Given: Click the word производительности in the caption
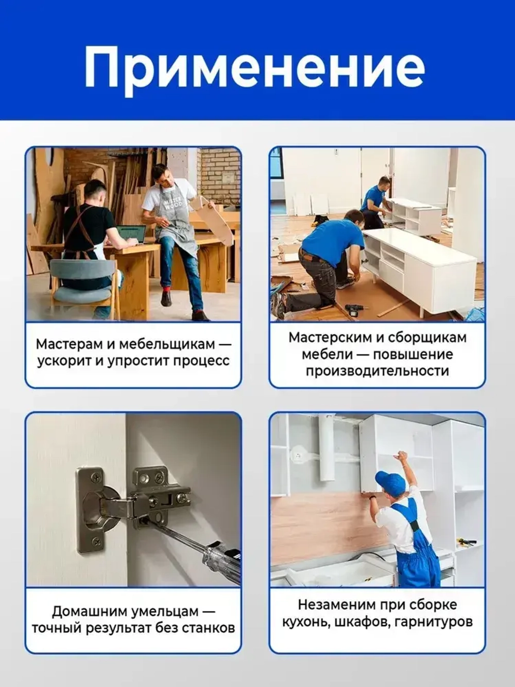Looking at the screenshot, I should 377,371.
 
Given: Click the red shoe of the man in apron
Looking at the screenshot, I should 166,298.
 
